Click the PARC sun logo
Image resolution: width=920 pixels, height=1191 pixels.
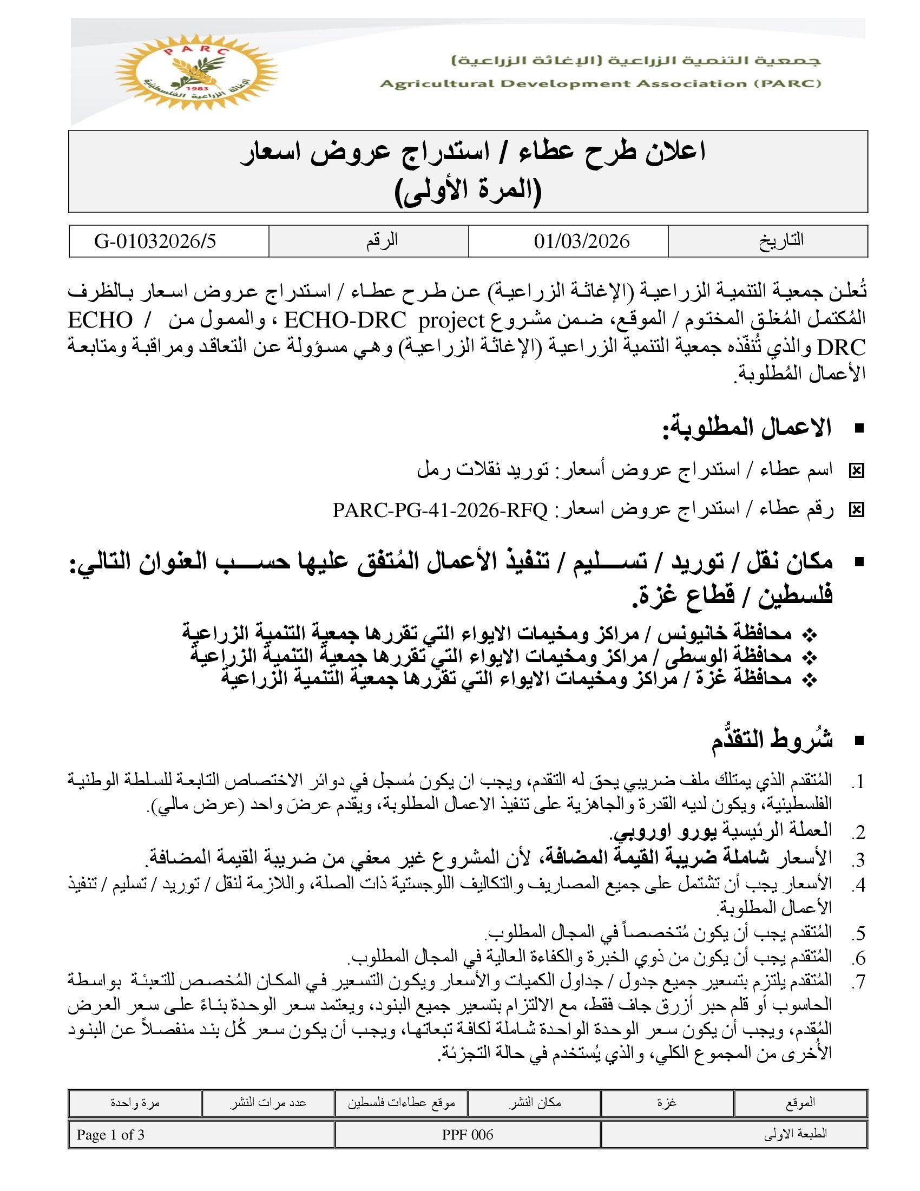pos(196,73)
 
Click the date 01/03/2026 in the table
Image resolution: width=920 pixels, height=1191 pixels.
pos(582,241)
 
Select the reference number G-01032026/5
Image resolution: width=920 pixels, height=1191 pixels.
pos(155,241)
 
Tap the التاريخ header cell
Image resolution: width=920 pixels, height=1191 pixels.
pos(781,240)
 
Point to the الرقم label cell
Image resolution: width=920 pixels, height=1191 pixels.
pos(382,240)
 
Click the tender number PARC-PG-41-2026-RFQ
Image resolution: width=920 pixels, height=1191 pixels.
pos(440,511)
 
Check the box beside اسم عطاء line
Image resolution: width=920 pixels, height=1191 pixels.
pos(856,470)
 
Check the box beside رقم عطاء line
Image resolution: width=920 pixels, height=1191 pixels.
pos(856,511)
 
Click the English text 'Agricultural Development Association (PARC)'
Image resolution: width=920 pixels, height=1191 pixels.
pos(600,84)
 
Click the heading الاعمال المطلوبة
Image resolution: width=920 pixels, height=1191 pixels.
pos(747,428)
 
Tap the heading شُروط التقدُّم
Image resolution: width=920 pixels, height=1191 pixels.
pos(772,740)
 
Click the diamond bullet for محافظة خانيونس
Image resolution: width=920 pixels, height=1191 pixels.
pos(811,635)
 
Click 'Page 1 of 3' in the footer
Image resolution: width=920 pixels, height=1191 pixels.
pos(110,1135)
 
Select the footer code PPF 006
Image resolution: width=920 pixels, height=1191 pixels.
pos(468,1135)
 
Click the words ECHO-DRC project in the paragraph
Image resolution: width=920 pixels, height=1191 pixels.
pos(384,320)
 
